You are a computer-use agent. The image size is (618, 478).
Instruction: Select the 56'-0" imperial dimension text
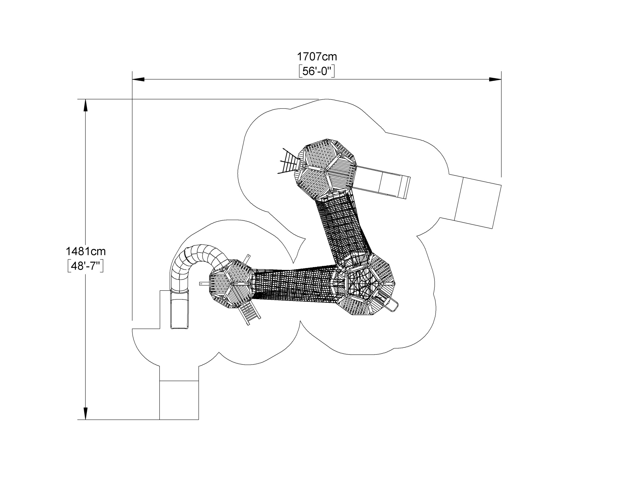(317, 71)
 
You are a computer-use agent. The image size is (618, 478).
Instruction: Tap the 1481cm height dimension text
(85, 251)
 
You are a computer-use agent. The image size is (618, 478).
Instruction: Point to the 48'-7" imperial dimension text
(85, 266)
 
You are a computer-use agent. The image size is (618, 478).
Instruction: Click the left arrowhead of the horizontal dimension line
(138, 79)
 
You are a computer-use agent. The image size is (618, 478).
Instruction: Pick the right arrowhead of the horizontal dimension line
(495, 79)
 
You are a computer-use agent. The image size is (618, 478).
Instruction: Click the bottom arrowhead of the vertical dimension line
(85, 413)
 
